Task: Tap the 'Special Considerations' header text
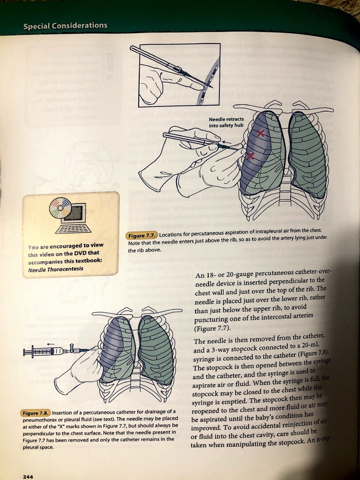coord(65,26)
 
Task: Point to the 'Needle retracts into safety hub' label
coord(226,122)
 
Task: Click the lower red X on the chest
coord(250,156)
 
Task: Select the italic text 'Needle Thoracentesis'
coord(55,270)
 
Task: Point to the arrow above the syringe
coord(51,344)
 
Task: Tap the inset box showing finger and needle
coord(180,74)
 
